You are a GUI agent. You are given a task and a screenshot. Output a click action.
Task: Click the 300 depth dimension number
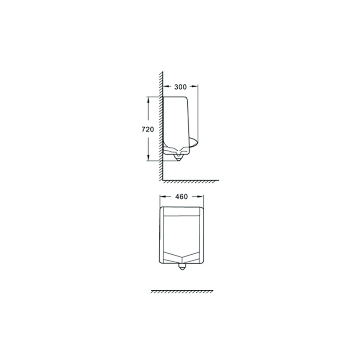click(x=180, y=87)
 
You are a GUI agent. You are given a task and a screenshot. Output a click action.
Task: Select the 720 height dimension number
click(x=148, y=130)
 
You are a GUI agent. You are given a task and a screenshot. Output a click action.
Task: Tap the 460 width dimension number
click(x=181, y=197)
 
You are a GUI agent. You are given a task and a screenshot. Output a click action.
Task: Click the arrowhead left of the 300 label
click(x=166, y=86)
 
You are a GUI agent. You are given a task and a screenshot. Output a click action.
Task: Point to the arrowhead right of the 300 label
click(x=195, y=86)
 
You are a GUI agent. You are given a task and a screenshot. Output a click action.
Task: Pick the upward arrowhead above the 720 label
click(x=148, y=100)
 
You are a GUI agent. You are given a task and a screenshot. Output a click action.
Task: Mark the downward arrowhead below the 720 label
click(x=148, y=157)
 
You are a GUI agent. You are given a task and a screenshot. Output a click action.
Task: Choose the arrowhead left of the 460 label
click(x=163, y=196)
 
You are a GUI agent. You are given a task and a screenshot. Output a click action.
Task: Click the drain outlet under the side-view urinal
click(x=178, y=157)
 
